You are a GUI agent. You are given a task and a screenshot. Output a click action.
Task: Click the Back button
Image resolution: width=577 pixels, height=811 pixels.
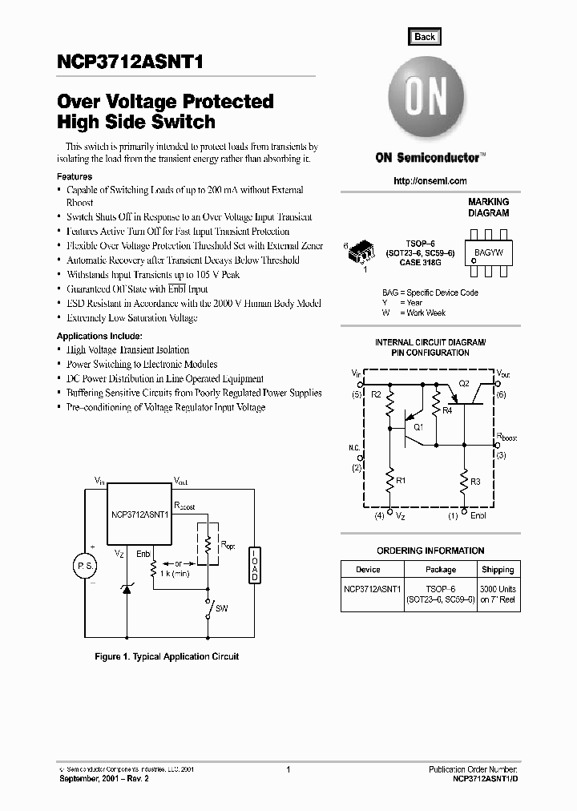click(x=425, y=37)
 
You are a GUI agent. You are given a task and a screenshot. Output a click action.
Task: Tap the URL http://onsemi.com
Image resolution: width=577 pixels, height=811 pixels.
click(x=430, y=181)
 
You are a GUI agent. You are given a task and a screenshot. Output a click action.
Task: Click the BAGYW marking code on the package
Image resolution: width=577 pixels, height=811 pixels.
click(x=489, y=252)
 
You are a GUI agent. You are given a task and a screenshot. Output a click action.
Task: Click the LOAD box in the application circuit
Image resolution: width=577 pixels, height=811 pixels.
click(x=255, y=566)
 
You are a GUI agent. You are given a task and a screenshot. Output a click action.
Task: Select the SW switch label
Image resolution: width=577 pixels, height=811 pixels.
click(x=222, y=609)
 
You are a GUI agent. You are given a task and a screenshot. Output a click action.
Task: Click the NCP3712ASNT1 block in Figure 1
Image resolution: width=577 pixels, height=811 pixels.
click(x=139, y=516)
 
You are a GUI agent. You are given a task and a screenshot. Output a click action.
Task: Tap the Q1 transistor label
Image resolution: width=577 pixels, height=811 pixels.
click(x=418, y=428)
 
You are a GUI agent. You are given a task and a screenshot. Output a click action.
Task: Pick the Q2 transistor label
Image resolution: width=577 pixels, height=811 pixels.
click(x=463, y=385)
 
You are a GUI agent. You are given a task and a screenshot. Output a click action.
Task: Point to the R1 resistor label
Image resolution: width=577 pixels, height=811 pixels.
click(x=401, y=480)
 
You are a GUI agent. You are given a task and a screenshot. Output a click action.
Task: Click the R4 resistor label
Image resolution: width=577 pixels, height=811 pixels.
click(x=447, y=410)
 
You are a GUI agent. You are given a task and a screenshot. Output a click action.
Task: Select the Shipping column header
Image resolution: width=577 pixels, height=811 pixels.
click(x=498, y=570)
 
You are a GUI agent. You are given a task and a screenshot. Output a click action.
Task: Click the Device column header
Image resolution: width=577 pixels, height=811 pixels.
click(x=368, y=570)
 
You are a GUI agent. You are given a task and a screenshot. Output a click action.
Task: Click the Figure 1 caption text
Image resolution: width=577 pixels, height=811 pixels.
click(x=167, y=656)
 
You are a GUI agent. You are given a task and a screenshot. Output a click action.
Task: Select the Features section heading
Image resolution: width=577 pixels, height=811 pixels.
click(x=75, y=176)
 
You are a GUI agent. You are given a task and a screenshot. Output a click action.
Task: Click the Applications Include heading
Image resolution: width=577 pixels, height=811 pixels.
click(x=99, y=336)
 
